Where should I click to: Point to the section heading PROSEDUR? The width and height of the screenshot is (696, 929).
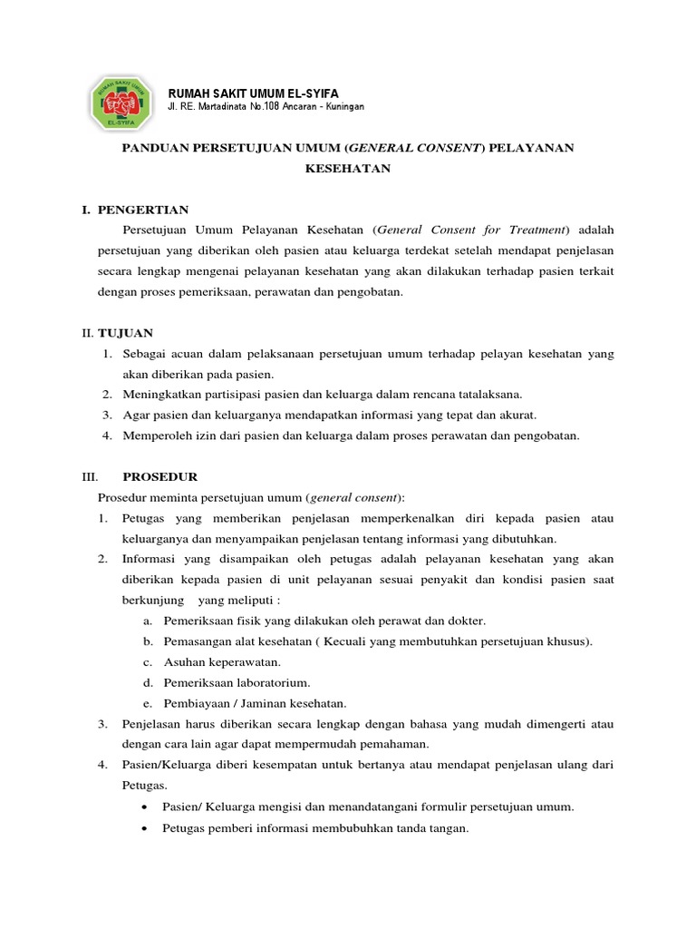click(x=159, y=476)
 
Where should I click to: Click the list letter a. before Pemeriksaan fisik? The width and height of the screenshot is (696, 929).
click(x=148, y=621)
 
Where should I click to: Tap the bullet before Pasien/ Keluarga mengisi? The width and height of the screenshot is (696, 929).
click(x=148, y=807)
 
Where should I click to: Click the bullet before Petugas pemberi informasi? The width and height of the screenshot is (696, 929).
click(x=148, y=827)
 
